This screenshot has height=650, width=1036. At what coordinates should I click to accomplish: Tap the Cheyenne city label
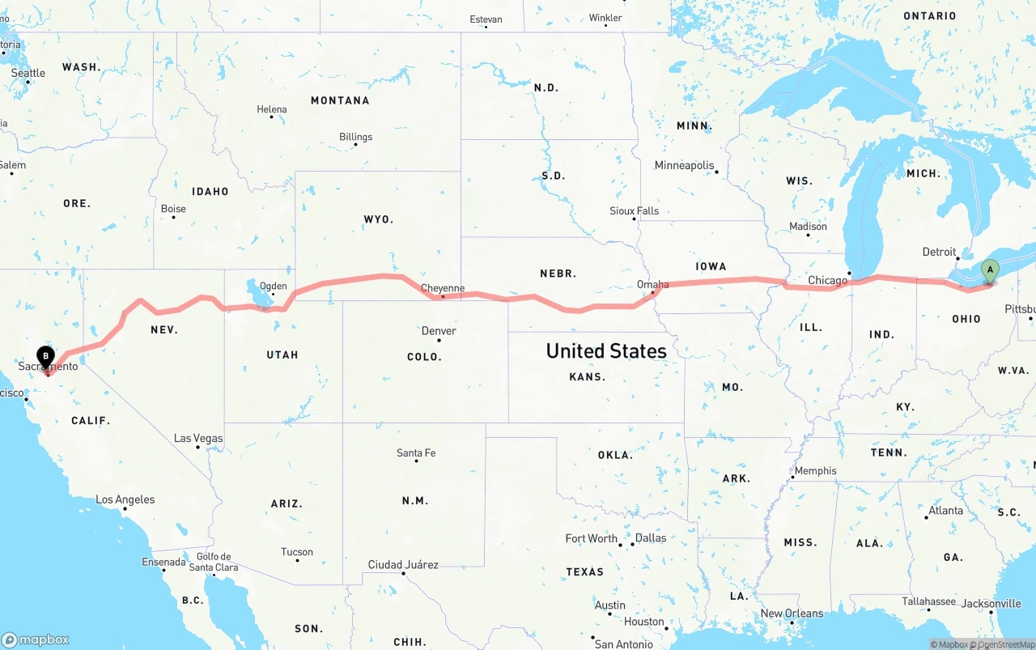(x=443, y=288)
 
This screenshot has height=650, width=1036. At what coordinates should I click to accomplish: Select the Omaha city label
(x=652, y=284)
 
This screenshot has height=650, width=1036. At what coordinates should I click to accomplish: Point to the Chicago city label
(x=827, y=281)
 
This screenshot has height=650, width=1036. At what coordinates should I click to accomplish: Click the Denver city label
(x=439, y=330)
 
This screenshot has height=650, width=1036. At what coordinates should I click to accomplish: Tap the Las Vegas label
(x=198, y=438)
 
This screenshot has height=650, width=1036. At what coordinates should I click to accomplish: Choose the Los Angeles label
(x=125, y=499)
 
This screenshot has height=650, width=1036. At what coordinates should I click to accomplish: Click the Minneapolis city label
(x=685, y=165)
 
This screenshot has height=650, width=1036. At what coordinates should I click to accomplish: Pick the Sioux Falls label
(x=635, y=210)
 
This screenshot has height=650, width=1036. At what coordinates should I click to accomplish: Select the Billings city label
(x=355, y=137)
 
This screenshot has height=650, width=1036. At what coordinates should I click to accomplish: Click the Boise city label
(x=173, y=209)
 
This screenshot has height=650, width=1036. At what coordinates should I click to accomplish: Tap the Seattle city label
(x=28, y=73)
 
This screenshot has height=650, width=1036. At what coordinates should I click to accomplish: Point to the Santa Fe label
(x=416, y=452)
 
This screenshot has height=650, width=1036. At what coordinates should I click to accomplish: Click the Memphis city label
(x=816, y=470)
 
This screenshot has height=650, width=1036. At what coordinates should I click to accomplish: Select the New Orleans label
(x=792, y=613)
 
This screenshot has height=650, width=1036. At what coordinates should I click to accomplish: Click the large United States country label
(x=606, y=350)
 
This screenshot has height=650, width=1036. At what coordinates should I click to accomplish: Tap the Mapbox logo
(x=36, y=639)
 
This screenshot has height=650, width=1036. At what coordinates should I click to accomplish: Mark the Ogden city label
(x=273, y=286)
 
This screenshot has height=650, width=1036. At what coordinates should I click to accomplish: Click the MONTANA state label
(x=340, y=100)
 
